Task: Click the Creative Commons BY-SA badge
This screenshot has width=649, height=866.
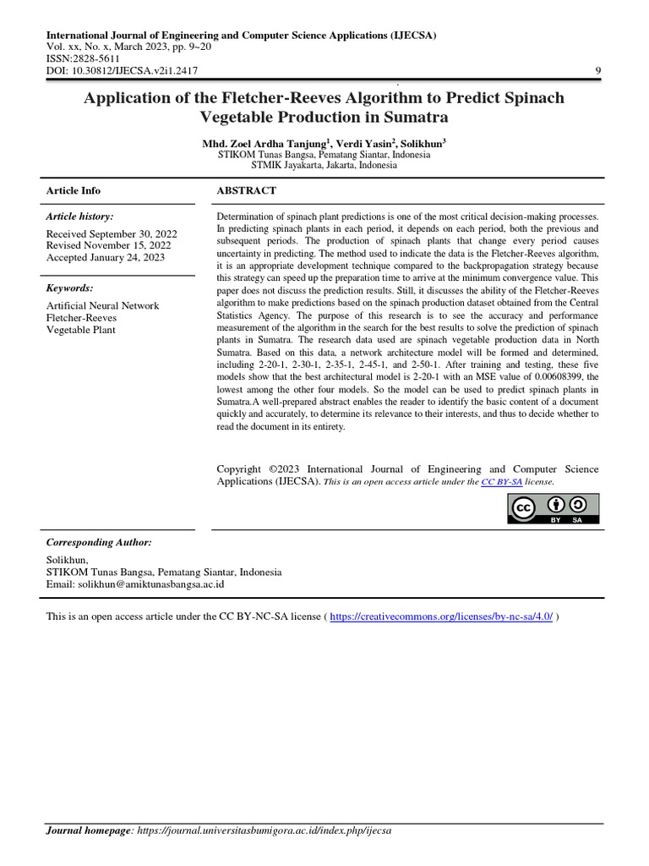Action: (x=553, y=507)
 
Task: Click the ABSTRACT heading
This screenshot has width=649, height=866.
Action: (x=247, y=191)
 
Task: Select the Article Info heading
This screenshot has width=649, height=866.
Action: (x=73, y=191)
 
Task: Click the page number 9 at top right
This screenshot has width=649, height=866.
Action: (x=598, y=71)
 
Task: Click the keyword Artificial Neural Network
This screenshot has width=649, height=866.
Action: (x=102, y=305)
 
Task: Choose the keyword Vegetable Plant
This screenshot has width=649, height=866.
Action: (x=81, y=330)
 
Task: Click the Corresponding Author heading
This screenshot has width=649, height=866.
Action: (x=99, y=542)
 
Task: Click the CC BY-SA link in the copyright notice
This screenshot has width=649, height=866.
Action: (x=501, y=481)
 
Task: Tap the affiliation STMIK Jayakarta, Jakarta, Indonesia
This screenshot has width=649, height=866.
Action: (x=307, y=166)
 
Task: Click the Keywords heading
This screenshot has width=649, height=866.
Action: (x=69, y=288)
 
